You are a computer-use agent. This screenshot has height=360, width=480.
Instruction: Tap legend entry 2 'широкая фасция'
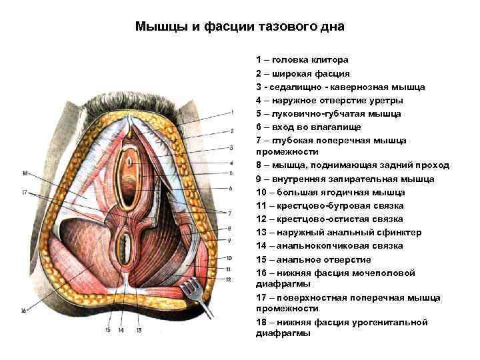point(303,73)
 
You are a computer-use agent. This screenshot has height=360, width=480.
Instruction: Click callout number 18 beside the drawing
point(25,174)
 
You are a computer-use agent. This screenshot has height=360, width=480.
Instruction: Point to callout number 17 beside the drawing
point(25,193)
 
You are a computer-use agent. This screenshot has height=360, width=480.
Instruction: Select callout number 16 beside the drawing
point(25,310)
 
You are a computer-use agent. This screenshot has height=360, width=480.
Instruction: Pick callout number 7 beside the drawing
point(230,213)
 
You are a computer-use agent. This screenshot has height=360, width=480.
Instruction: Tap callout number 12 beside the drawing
point(229,279)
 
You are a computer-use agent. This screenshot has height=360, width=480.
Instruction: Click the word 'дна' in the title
point(332,27)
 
